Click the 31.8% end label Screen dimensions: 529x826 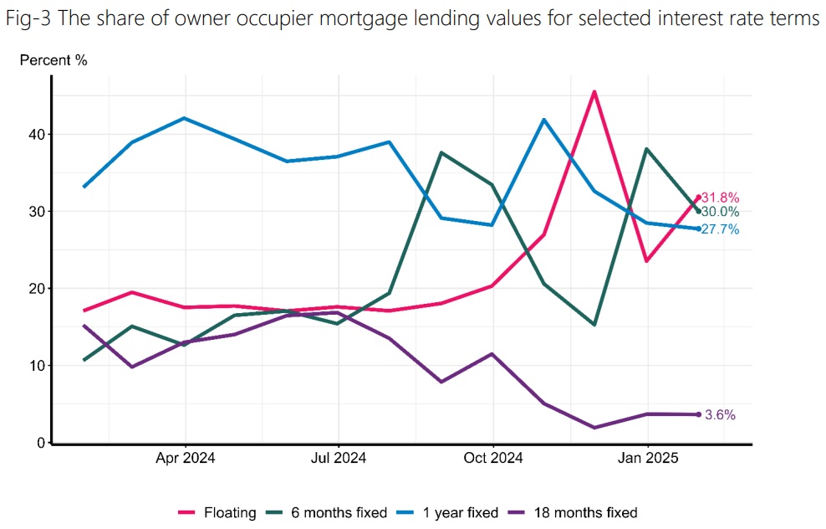(720, 198)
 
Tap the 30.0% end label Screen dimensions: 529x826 (720, 213)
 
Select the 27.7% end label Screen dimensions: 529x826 (720, 229)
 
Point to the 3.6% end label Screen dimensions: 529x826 (720, 414)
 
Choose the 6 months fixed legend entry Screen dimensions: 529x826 (331, 512)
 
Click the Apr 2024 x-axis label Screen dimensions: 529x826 (185, 458)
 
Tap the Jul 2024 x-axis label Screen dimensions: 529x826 (338, 458)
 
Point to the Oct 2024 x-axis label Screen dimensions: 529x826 (493, 458)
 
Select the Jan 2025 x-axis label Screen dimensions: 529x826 (647, 458)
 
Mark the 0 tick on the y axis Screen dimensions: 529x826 (39, 443)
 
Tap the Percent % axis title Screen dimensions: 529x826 (53, 60)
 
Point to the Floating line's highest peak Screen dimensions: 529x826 (594, 91)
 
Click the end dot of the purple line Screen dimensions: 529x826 (698, 414)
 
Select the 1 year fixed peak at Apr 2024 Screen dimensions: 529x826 (184, 118)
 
